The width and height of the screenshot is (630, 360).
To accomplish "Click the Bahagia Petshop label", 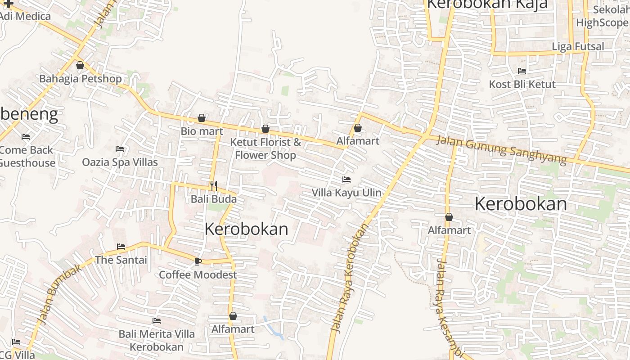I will (x=81, y=79).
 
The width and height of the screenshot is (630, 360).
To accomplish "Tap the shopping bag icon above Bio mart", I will (x=202, y=118).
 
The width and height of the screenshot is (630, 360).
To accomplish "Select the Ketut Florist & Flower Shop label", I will (x=265, y=148).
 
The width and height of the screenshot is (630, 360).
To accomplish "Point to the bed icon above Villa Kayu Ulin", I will (x=346, y=180).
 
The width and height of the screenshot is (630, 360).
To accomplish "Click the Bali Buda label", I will (x=214, y=199).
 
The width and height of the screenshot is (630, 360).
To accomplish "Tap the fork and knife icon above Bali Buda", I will (x=214, y=185).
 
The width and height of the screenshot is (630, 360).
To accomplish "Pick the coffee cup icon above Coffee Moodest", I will (x=198, y=261).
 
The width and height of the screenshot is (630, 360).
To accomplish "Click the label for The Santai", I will (x=121, y=260).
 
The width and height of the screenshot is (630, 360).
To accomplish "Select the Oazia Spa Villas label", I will (x=120, y=162).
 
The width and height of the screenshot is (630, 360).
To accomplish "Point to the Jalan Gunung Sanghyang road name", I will (x=501, y=150).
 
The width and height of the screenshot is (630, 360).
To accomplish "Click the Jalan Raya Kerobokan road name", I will (x=350, y=278).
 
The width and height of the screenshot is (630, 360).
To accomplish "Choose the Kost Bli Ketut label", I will (x=522, y=84).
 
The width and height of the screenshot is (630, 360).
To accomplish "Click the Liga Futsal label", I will (x=578, y=46).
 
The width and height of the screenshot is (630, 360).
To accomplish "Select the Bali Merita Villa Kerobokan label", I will (x=157, y=340).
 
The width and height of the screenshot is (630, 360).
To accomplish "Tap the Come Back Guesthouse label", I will (x=26, y=156).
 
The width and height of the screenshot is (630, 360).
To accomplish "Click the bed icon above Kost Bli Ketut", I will (x=522, y=71).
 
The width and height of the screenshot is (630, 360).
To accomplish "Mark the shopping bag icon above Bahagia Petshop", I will (x=80, y=66).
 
